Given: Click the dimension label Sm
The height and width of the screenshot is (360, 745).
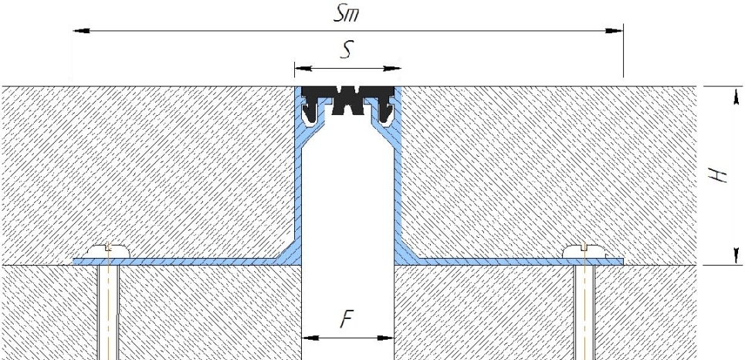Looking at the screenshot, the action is point(346,14).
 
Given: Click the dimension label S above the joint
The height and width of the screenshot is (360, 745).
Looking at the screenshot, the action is point(347,50).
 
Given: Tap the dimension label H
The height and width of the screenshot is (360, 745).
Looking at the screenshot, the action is point(719,175).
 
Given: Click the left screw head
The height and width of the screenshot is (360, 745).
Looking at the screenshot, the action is point(109,251).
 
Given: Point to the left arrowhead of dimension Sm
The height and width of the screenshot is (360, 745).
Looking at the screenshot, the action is point(81,31).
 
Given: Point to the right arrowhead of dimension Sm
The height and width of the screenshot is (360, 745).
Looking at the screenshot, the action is point(615,31).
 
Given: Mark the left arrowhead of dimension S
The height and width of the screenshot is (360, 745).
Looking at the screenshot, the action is point(303,69).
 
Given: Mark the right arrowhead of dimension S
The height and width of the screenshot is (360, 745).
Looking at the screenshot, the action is point(392,69).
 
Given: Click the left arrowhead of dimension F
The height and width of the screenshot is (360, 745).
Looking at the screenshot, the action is point(310,338).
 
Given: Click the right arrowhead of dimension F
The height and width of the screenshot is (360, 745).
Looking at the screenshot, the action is point(386,338).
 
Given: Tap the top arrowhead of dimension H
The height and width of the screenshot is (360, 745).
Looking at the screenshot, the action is point(736,95).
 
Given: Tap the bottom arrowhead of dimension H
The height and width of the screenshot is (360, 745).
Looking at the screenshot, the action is point(736,256).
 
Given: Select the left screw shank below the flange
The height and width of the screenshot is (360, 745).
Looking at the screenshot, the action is point(109,312).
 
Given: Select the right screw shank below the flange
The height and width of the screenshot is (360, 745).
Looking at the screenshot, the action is point(584,312).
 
